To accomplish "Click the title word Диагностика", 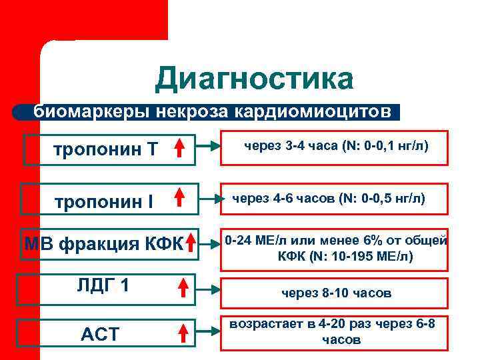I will click(254, 79).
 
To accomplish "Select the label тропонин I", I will click(103, 201).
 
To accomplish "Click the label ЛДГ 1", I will click(103, 286).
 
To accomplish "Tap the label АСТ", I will click(99, 334).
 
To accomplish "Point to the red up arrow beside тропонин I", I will click(179, 199).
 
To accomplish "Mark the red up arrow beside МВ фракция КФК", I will click(191, 243).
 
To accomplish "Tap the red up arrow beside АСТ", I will click(181, 333).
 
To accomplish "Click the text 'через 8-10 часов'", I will click(336, 293).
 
